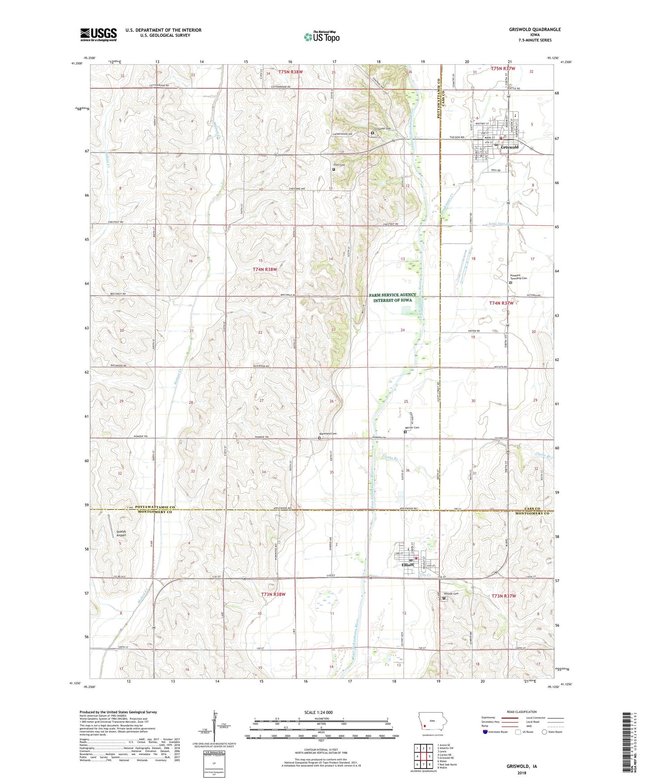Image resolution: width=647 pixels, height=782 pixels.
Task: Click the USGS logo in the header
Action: tap(98, 34)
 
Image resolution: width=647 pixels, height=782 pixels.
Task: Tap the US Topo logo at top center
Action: tap(321, 37)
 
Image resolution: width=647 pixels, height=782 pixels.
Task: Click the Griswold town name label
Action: tap(510, 147)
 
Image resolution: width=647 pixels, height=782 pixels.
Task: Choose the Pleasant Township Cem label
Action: tap(518, 276)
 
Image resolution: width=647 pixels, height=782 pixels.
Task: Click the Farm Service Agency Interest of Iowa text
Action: tap(393, 297)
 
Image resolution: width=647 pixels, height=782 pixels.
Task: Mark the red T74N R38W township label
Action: tap(265, 270)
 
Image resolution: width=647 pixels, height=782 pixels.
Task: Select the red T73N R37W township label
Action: tap(504, 596)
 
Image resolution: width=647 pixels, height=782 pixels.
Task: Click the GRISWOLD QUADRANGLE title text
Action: tap(535, 30)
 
